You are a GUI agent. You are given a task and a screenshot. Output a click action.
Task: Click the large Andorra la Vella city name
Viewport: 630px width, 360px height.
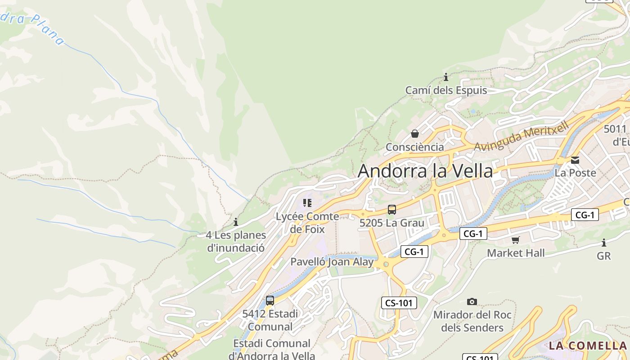coord(425,171)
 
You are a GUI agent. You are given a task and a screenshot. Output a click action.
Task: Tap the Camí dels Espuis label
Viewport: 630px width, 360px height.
coord(446,90)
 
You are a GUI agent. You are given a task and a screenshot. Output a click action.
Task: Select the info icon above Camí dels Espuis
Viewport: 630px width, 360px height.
coord(446,77)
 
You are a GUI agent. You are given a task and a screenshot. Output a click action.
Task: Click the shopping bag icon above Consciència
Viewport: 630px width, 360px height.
coord(415,134)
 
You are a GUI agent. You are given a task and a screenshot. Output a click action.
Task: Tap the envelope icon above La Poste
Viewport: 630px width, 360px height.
coord(575,160)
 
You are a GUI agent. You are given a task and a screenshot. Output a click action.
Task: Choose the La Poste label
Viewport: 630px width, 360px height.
coord(575,173)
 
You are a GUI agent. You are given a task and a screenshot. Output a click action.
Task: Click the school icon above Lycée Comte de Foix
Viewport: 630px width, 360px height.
coord(307,203)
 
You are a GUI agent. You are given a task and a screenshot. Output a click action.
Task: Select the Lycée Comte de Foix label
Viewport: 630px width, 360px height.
coord(307,223)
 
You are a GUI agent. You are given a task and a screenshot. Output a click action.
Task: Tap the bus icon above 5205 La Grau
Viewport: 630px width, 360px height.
coord(392,210)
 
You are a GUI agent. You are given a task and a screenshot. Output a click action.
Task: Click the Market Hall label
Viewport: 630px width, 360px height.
coord(516,253)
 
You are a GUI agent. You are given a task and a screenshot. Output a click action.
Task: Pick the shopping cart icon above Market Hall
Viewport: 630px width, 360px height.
coord(516,240)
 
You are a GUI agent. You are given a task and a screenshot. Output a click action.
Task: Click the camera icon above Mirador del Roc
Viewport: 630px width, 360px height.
coord(472,301)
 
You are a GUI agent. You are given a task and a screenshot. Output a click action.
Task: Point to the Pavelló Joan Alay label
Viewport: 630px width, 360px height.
coord(332,262)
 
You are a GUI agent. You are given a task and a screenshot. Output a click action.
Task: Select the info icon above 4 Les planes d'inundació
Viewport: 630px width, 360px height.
coord(236,222)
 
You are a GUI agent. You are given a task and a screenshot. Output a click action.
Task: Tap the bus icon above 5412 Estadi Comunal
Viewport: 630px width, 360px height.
coord(270,301)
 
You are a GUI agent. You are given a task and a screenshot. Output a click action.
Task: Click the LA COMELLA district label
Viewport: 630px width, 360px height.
coord(587,346)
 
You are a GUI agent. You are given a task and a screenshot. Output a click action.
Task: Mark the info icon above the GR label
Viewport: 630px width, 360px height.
coord(604,243)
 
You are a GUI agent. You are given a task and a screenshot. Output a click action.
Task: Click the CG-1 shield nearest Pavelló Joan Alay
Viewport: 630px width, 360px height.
coord(414,252)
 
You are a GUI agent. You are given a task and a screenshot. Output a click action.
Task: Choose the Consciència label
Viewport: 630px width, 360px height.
coord(415,147)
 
